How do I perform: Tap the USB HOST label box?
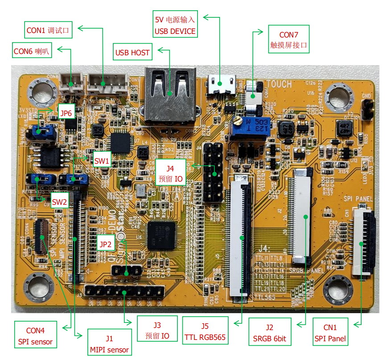point(132,53)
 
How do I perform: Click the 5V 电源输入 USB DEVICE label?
point(175,25)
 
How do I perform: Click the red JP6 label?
point(66,113)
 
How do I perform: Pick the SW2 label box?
point(59,202)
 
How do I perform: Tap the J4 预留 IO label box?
point(170,174)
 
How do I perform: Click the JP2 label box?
point(106,244)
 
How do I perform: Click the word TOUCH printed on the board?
point(279,84)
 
